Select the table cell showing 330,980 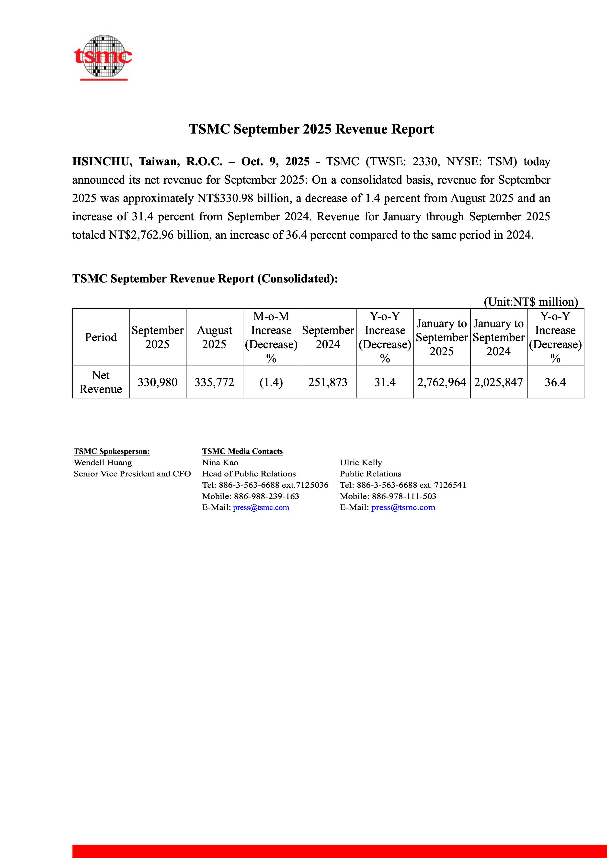coord(157,382)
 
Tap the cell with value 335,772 coord(214,382)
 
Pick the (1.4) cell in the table coord(271,382)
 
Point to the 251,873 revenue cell coord(328,382)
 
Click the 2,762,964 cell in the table coord(441,382)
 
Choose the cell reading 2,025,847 coord(498,382)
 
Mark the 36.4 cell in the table coord(555,382)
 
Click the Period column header coord(101,337)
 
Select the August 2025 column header coord(214,337)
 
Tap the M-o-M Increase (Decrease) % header coord(271,337)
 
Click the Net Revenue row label coord(101,382)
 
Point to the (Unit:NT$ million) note coord(531,302)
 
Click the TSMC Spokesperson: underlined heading coord(112,452)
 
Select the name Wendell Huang coord(103,463)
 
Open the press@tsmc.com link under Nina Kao coord(261,508)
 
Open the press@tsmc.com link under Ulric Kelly coord(403,508)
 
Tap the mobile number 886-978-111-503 coord(404,496)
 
